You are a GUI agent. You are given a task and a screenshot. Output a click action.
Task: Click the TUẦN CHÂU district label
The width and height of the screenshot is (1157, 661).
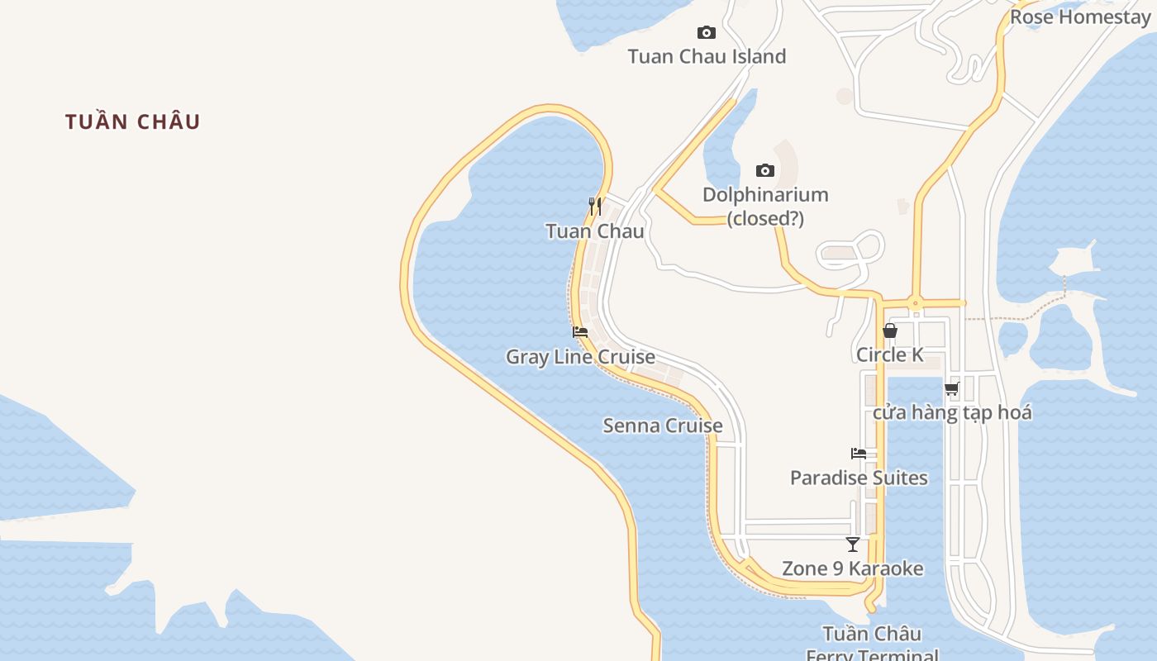133,121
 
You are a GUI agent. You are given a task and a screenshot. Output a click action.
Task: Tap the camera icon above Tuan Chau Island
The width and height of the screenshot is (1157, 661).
707,33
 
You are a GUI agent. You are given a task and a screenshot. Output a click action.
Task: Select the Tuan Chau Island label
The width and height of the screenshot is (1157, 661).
707,57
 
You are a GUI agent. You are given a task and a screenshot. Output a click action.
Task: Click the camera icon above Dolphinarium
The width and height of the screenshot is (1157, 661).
765,171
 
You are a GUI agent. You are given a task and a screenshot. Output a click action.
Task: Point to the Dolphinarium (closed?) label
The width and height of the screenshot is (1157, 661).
765,207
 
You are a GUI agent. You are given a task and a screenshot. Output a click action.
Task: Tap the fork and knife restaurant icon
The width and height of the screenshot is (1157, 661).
594,206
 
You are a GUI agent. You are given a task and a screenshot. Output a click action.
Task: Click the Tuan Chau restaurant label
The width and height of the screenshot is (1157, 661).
595,231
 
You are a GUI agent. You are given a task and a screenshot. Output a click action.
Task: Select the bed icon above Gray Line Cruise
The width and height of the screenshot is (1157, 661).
580,332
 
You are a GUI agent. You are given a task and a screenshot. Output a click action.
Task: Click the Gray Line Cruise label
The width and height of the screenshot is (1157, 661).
580,357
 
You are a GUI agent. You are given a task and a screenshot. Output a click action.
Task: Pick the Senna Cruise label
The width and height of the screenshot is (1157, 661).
663,426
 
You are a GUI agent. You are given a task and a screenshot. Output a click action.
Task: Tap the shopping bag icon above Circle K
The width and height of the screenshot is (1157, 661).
890,330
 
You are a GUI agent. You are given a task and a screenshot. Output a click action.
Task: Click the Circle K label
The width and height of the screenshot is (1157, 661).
890,355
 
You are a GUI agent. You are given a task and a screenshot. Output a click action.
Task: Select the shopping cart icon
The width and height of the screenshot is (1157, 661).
952,388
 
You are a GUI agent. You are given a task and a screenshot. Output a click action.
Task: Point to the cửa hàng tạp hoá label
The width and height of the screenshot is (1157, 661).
952,412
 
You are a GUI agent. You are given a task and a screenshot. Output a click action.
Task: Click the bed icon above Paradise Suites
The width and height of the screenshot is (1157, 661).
859,454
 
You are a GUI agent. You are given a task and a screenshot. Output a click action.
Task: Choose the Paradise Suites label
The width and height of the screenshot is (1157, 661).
859,478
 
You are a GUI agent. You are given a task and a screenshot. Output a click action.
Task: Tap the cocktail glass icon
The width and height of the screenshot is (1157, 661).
853,544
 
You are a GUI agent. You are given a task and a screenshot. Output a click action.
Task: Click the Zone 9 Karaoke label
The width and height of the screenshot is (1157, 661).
853,569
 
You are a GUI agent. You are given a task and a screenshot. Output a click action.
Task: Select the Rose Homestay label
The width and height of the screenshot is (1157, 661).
1080,17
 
